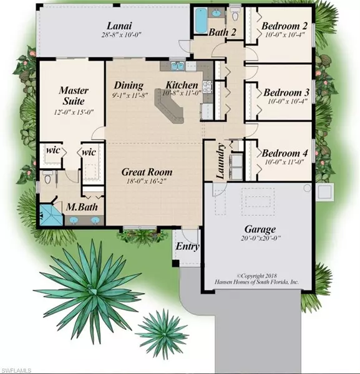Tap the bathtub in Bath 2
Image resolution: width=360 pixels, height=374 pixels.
point(201,21)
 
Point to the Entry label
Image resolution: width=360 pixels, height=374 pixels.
point(188,247)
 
